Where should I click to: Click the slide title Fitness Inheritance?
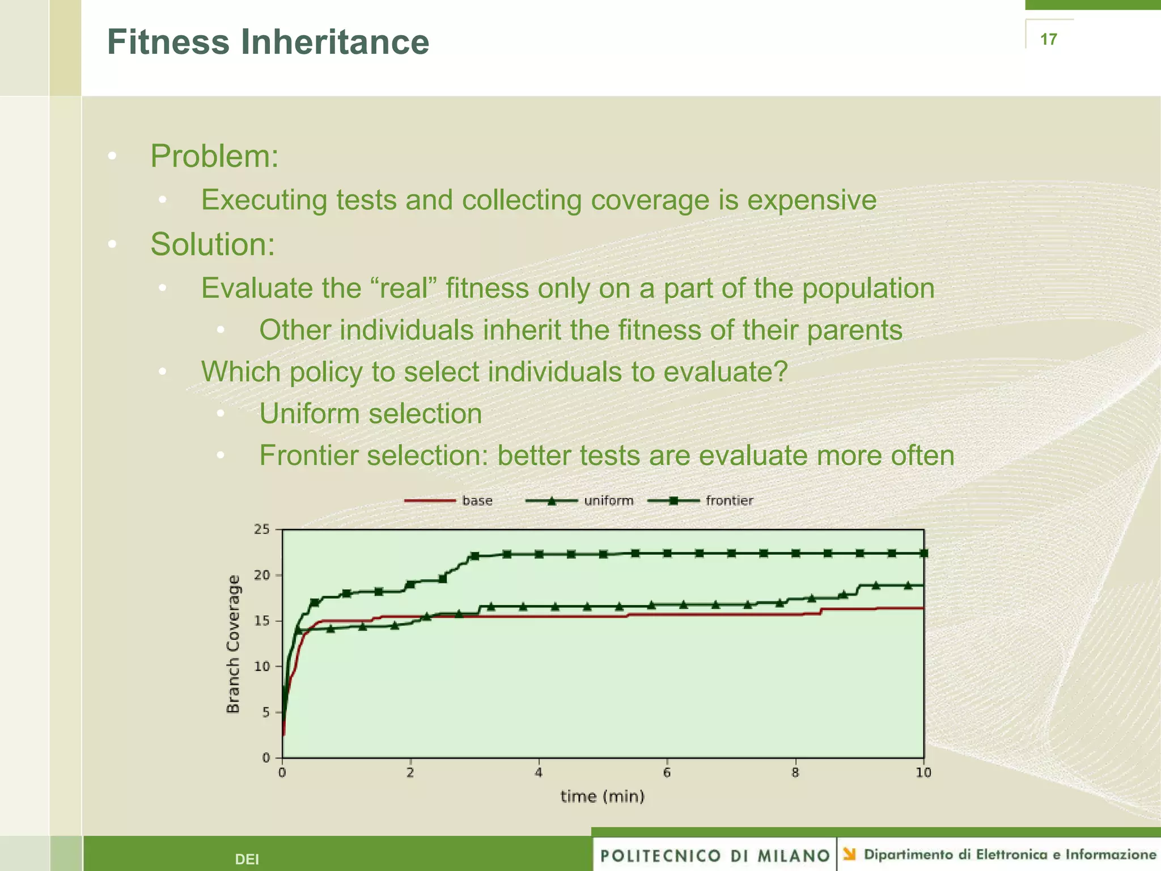click(x=268, y=43)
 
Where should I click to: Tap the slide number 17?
click(x=1048, y=39)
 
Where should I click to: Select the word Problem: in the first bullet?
click(x=214, y=156)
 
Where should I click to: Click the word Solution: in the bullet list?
click(x=213, y=244)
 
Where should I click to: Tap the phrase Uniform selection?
click(x=370, y=413)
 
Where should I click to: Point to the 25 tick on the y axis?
click(x=262, y=530)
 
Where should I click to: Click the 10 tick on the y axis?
click(x=262, y=666)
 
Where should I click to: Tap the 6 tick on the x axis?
click(x=667, y=772)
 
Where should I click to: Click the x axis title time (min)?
click(x=603, y=797)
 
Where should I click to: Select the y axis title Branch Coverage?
click(x=233, y=644)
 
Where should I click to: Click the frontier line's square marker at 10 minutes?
click(x=923, y=553)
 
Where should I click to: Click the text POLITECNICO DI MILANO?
click(x=715, y=856)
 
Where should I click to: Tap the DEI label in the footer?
click(x=247, y=859)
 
